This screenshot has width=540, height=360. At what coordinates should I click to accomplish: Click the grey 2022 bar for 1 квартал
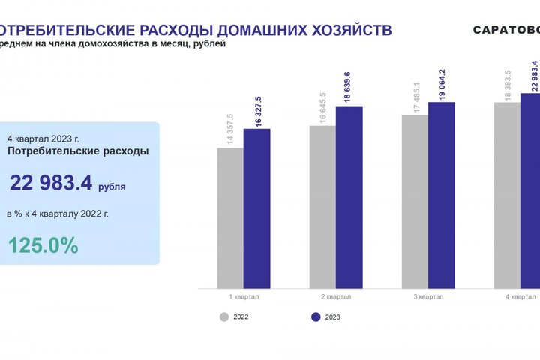tap(230, 217)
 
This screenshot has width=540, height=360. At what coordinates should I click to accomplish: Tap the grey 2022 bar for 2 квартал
tap(322, 206)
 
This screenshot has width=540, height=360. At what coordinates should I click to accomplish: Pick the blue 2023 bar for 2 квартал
tap(349, 197)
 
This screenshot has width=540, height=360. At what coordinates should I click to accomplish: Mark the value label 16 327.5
tap(258, 111)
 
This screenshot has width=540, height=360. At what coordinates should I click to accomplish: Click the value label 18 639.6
tap(347, 88)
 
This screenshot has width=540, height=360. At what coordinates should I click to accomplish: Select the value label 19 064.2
tap(442, 85)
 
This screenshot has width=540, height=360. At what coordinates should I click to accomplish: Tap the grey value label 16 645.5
tap(322, 107)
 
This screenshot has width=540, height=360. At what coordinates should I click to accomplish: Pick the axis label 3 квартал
tap(428, 296)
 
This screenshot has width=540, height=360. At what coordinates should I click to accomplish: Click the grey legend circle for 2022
tap(224, 316)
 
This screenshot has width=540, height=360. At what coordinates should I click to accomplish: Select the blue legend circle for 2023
tap(316, 316)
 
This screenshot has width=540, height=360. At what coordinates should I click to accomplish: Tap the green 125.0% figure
tap(43, 245)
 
